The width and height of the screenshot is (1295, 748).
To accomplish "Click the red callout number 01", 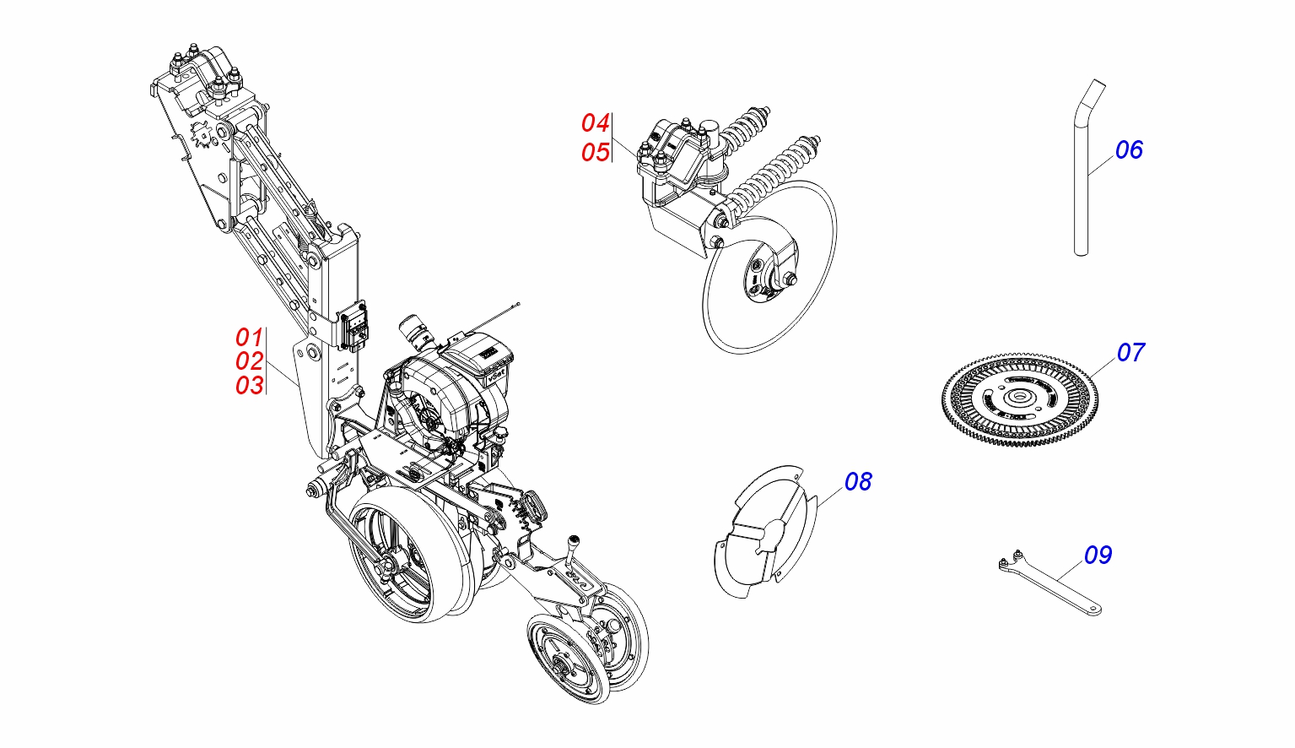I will (249, 337).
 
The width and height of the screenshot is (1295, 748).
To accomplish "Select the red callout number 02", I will (249, 361).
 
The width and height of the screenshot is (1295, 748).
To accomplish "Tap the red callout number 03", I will (249, 386).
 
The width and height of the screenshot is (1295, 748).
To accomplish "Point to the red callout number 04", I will (595, 123).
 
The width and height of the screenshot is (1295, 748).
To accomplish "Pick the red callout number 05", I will (595, 153).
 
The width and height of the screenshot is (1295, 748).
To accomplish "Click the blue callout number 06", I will (1129, 150).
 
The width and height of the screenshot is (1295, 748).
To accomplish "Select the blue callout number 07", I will (1130, 352).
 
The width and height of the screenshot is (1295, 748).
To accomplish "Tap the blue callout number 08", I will (858, 481).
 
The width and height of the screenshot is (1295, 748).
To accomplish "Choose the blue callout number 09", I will (1098, 555).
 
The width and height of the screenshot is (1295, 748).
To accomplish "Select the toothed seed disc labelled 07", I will (1021, 397).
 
